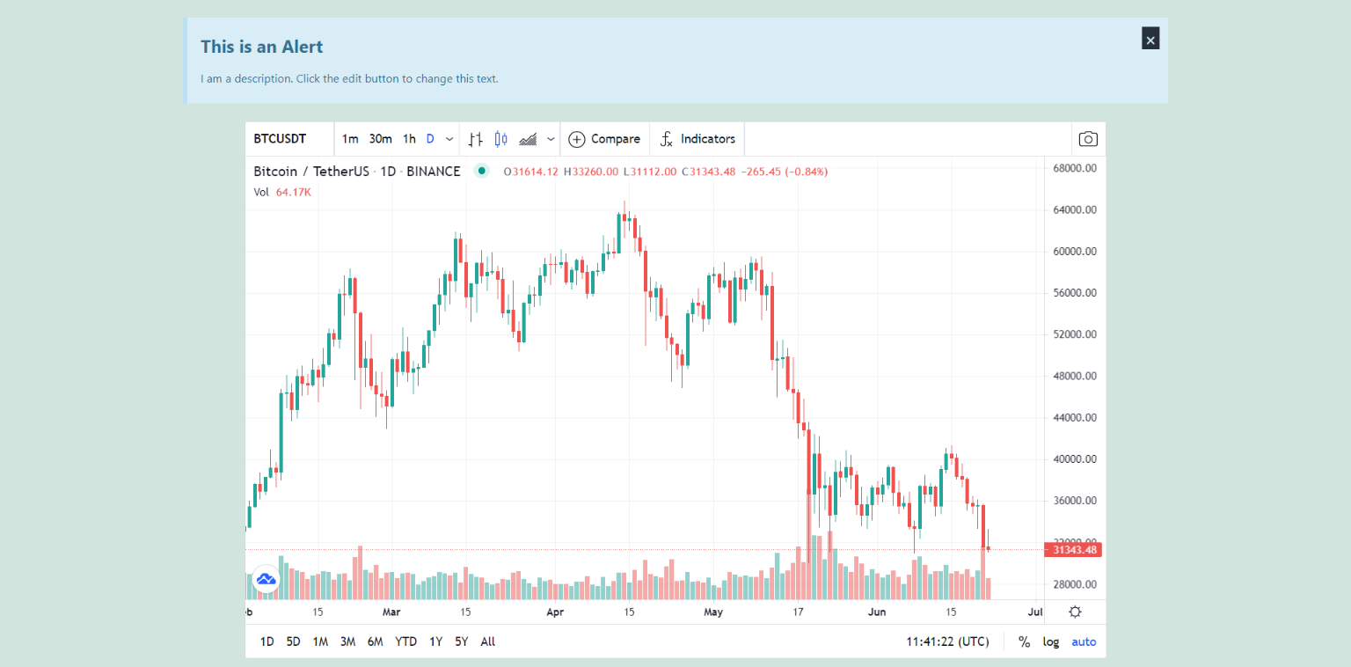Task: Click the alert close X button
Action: (1150, 39)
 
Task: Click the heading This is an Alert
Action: (261, 47)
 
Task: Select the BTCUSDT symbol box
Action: (281, 139)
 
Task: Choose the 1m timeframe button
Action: (350, 139)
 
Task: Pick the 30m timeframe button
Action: (380, 139)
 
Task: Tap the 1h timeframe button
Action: (409, 139)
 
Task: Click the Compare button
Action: (604, 139)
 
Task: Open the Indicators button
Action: (697, 139)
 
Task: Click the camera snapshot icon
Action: (1088, 139)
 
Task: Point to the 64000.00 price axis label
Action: (1075, 209)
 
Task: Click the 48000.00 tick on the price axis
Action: (1075, 376)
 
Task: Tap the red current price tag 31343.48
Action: (1073, 550)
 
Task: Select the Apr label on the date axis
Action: (554, 612)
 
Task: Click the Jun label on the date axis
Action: (877, 612)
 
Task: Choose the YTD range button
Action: (405, 641)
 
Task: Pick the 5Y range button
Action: (462, 641)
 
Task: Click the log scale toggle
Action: (1051, 641)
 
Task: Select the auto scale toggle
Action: (1084, 641)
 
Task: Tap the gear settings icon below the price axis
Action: (1075, 612)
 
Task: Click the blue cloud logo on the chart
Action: (266, 579)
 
